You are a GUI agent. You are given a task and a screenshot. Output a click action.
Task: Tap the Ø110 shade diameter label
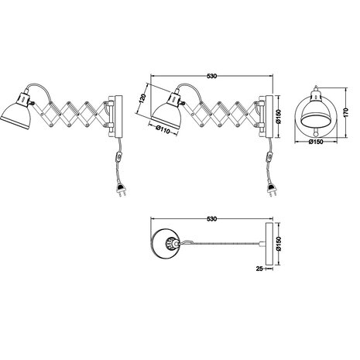pos(163,129)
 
